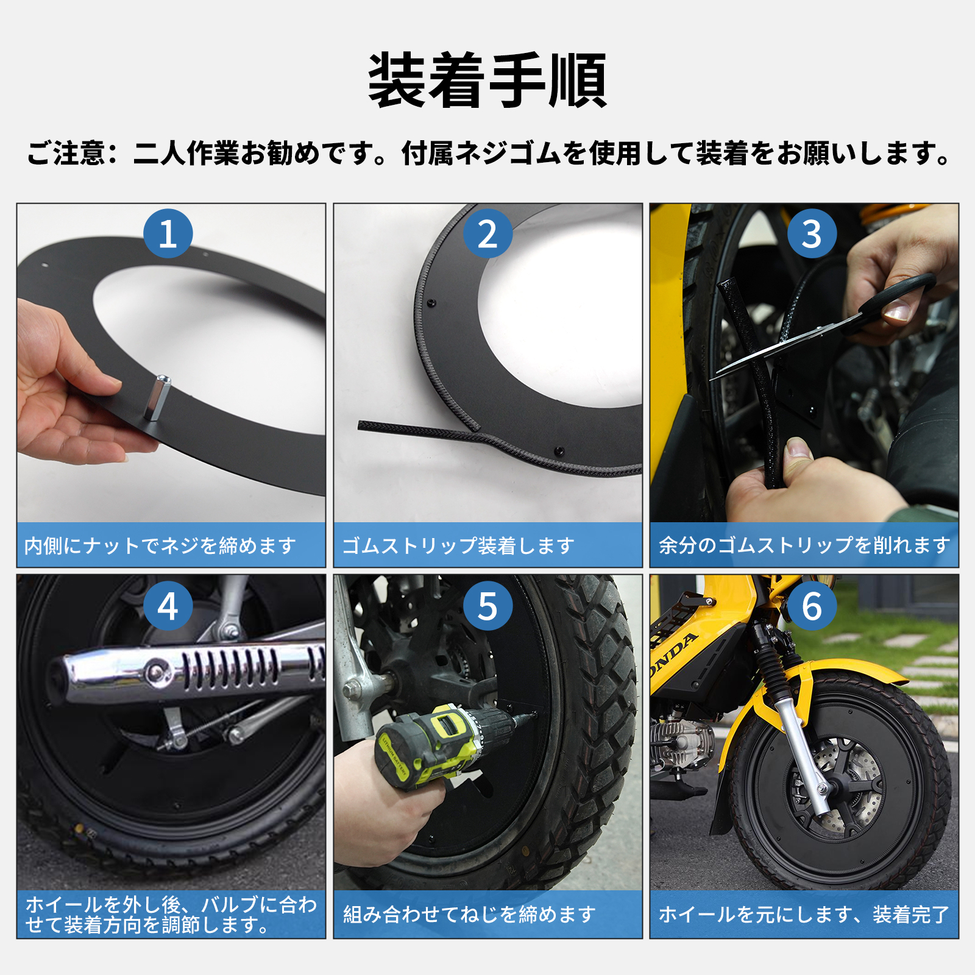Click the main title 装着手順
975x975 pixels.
[487, 81]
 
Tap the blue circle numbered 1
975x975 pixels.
[168, 234]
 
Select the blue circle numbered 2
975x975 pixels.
[487, 234]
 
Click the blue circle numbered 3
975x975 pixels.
[811, 234]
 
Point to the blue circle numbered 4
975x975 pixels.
[168, 606]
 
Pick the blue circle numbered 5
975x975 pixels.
[487, 606]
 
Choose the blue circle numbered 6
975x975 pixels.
[811, 606]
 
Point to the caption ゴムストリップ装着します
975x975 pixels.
[458, 545]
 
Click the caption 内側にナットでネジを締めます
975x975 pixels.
[160, 545]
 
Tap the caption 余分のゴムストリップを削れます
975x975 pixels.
[804, 545]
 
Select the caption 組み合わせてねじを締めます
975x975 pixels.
[469, 914]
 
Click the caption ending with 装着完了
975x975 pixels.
[804, 914]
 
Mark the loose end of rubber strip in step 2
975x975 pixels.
[366, 425]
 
